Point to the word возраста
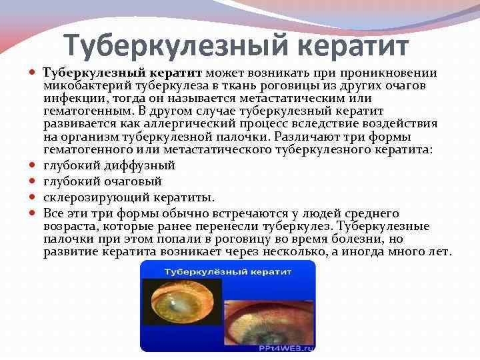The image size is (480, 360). coord(69,227)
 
